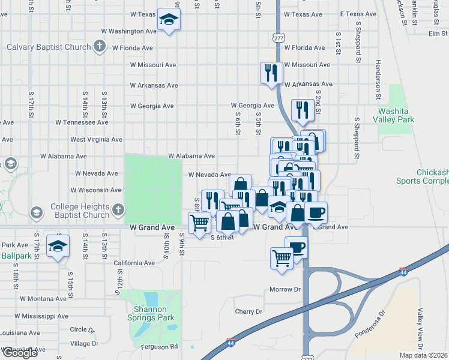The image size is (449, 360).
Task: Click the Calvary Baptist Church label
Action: coord(48,47)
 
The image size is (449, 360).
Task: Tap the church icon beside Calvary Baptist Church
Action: coord(100,47)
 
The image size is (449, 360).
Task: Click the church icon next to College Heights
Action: coord(118,210)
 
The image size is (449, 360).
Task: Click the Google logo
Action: coord(20,353)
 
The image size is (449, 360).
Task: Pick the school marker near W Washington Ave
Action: coord(169,20)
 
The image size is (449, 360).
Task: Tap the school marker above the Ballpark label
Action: coord(58,246)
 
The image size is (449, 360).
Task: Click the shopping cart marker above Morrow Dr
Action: coord(282,258)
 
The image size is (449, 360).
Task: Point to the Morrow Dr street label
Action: coord(285,289)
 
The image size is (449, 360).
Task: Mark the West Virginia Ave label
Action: coord(96,139)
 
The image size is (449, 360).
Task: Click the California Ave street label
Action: coord(134,263)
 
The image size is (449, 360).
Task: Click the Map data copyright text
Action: coord(424,355)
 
